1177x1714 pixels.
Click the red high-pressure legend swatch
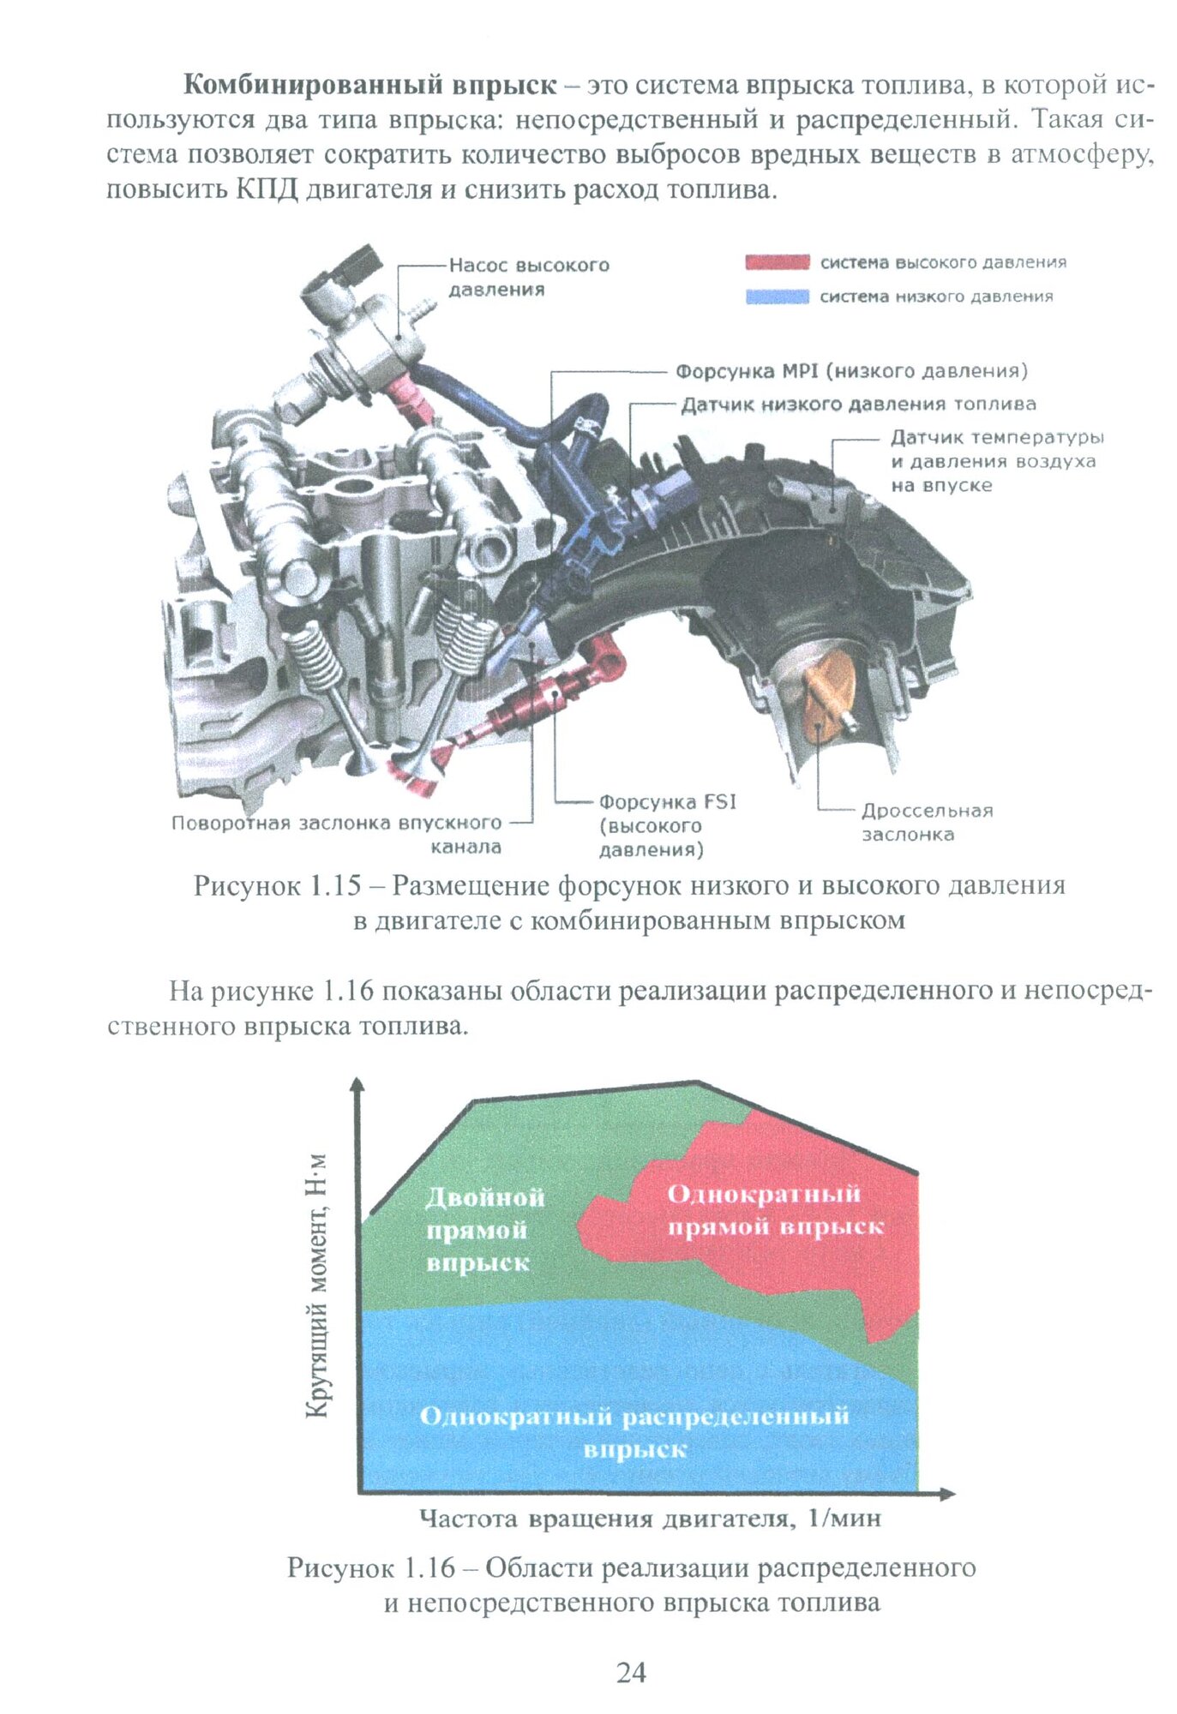pyautogui.click(x=777, y=262)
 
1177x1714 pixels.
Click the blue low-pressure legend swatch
pyautogui.click(x=777, y=297)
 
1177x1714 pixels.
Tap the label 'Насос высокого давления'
pyautogui.click(x=528, y=277)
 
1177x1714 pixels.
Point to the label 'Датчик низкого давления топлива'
pyautogui.click(x=858, y=404)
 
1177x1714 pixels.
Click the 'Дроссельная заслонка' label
pyautogui.click(x=927, y=822)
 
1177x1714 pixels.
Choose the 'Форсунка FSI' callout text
pyautogui.click(x=667, y=825)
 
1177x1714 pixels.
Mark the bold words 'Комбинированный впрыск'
pyautogui.click(x=369, y=85)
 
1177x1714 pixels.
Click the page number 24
pyautogui.click(x=631, y=1672)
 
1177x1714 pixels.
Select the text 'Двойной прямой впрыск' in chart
pyautogui.click(x=484, y=1229)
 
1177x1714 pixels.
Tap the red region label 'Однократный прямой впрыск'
pyautogui.click(x=774, y=1210)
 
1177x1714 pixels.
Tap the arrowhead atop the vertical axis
pyautogui.click(x=358, y=1083)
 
